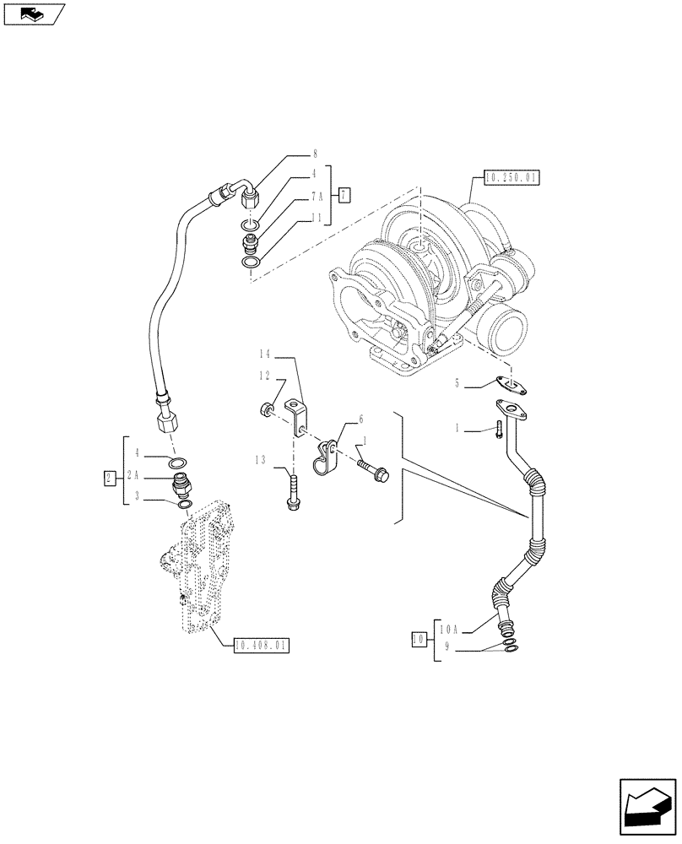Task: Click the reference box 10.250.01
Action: click(x=511, y=177)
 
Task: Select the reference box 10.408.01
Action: click(x=258, y=646)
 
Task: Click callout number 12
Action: click(x=263, y=375)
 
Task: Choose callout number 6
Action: click(x=360, y=419)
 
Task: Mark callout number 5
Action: click(x=457, y=383)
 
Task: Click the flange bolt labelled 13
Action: click(x=293, y=491)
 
